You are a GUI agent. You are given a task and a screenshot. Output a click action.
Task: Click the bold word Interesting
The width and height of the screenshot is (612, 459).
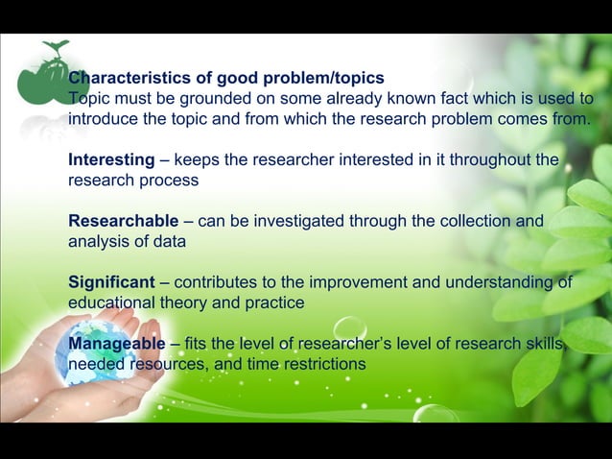(111, 159)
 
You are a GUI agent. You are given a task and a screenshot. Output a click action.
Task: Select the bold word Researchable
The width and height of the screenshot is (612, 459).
(123, 221)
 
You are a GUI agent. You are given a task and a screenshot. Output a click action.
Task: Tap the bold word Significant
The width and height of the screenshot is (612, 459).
(111, 282)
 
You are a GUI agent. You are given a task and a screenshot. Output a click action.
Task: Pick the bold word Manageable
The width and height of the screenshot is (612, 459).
(117, 344)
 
